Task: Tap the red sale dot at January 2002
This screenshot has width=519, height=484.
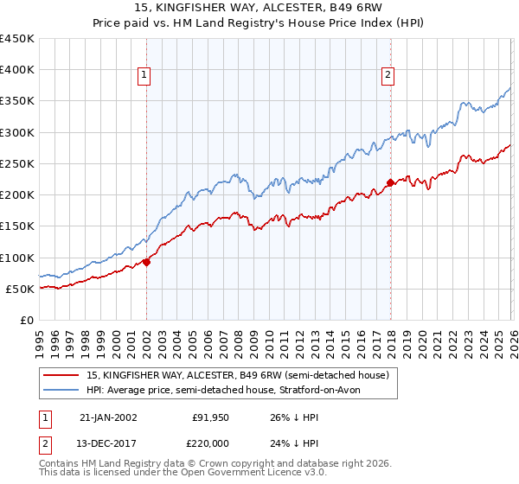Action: click(x=146, y=262)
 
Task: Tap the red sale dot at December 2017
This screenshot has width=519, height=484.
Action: click(x=390, y=182)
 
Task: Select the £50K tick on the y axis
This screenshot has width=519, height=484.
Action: click(x=21, y=289)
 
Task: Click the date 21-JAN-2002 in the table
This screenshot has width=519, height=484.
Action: click(x=107, y=417)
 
